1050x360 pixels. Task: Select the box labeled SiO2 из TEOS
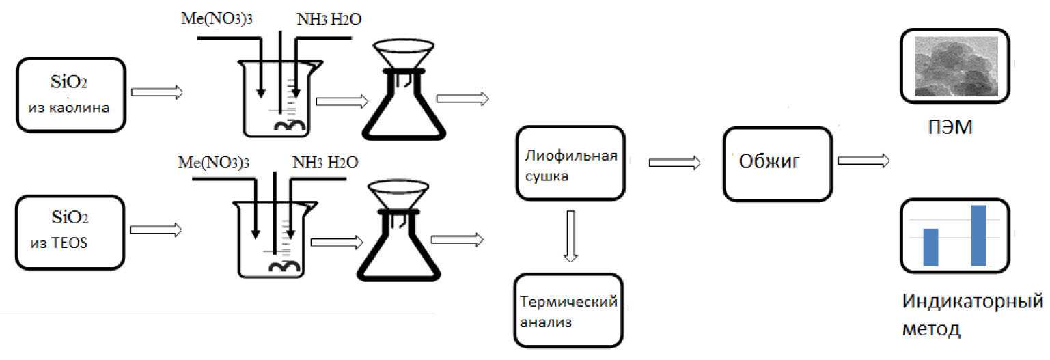[x=71, y=232]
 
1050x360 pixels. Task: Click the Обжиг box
[x=777, y=163]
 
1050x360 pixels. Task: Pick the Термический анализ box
[x=568, y=310]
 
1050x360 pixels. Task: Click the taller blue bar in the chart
[x=978, y=235]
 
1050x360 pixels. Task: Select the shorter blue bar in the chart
[x=930, y=247]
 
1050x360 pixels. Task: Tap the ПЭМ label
[x=944, y=127]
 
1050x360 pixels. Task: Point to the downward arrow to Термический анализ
[x=572, y=236]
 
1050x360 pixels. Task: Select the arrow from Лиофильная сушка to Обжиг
[x=674, y=163]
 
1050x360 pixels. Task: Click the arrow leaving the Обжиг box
[x=864, y=161]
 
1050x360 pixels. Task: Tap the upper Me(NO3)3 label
[x=215, y=19]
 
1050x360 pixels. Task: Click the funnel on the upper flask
[x=404, y=52]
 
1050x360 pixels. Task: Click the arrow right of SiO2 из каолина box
[x=157, y=92]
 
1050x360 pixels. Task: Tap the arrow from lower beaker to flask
[x=337, y=242]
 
